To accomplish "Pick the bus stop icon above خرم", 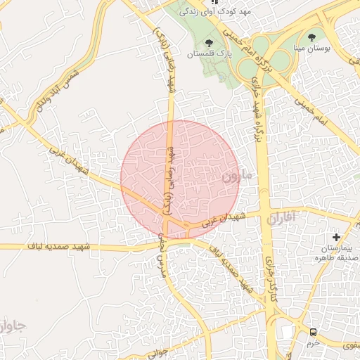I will tap(311, 331).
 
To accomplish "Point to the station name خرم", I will tap(312, 342).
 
